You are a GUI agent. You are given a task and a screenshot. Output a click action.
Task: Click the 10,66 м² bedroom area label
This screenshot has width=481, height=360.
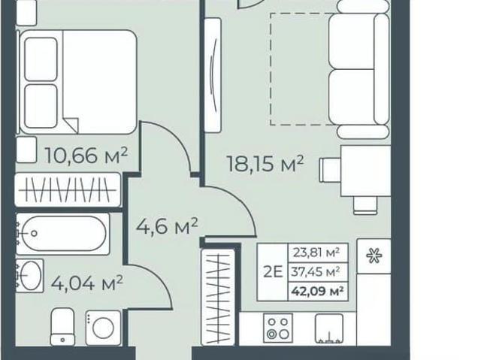click(x=86, y=156)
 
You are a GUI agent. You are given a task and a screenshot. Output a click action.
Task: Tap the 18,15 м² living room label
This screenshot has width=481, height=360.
click(x=265, y=163)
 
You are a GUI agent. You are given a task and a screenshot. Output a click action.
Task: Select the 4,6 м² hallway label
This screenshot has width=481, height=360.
click(x=167, y=226)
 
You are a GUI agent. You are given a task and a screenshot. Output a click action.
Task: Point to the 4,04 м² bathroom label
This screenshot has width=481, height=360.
click(x=87, y=283)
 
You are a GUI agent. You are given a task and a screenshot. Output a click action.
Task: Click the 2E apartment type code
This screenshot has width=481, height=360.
click(x=273, y=272)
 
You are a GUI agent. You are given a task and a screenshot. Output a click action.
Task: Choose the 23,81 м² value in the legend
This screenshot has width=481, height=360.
click(x=316, y=253)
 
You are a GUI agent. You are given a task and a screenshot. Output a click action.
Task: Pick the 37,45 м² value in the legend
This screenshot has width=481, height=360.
click(x=316, y=271)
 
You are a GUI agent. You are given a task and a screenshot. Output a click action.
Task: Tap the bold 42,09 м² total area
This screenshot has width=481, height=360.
click(x=317, y=291)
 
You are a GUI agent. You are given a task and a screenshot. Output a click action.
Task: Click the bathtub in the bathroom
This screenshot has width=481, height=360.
click(x=62, y=234)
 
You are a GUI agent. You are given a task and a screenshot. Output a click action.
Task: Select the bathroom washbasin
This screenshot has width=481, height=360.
click(x=29, y=275)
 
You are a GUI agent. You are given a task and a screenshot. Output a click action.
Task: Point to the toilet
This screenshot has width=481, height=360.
click(x=62, y=327)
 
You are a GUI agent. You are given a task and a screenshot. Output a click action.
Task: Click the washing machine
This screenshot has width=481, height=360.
click(x=103, y=328)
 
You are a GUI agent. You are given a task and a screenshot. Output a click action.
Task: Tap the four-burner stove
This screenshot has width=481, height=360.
click(x=278, y=328)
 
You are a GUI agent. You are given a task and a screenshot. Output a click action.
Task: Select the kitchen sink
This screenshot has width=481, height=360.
click(x=329, y=328)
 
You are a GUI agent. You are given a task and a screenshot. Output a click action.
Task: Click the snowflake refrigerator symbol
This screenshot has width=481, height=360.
click(x=374, y=256)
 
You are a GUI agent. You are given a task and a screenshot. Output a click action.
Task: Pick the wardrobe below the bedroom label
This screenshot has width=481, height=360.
click(x=68, y=190)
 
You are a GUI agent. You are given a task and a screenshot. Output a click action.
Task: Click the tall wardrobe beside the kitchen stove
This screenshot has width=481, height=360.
click(x=218, y=297)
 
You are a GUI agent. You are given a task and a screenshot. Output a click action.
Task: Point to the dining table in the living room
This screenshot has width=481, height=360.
click(x=366, y=171)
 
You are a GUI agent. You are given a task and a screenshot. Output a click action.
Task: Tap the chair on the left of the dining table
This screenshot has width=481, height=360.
click(x=330, y=170)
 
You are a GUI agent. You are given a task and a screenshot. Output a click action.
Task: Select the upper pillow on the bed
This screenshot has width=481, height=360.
click(x=41, y=59)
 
